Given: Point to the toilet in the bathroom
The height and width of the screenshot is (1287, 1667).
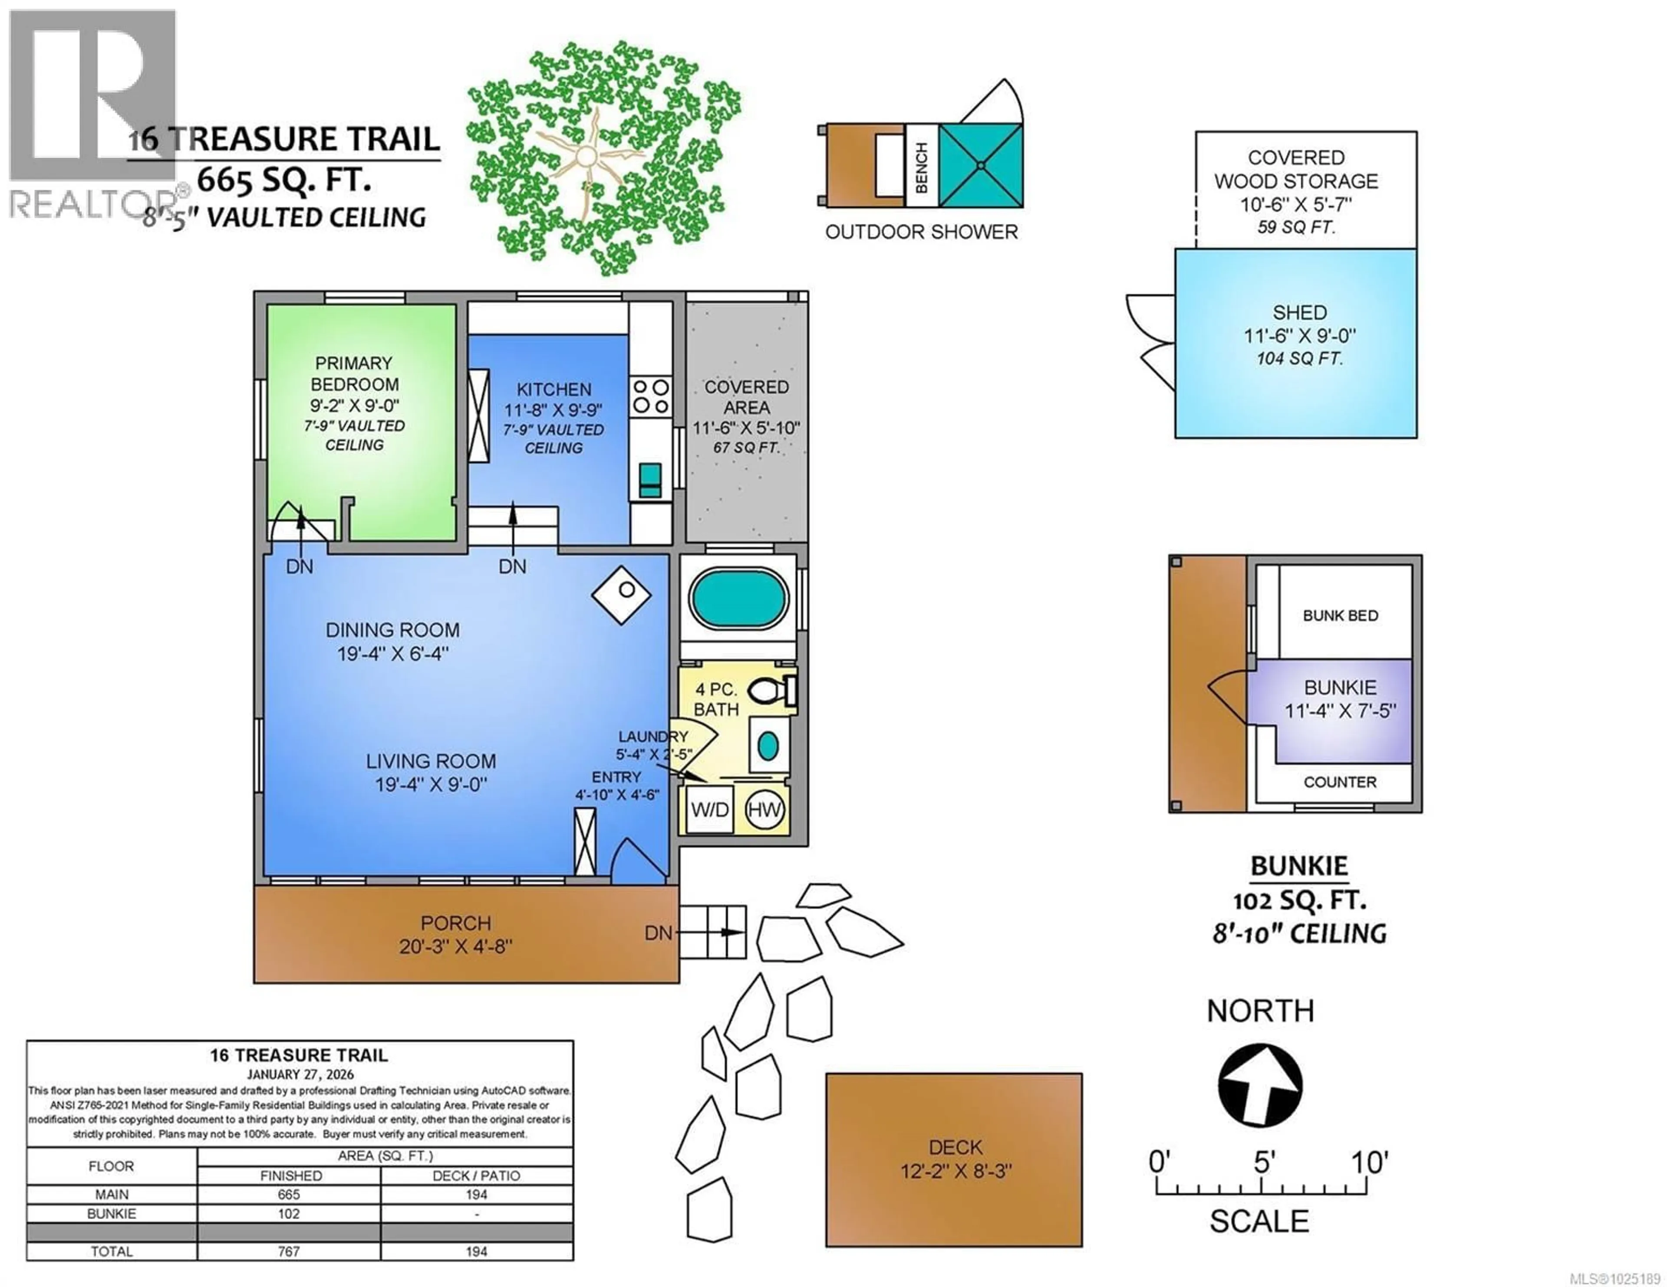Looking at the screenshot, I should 769,691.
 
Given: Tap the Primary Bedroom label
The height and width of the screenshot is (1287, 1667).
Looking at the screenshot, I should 354,374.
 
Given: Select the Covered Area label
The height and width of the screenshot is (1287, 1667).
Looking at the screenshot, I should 747,397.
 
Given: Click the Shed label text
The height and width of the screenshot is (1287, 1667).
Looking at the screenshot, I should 1299,313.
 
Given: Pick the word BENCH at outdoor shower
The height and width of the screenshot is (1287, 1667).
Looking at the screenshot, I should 921,166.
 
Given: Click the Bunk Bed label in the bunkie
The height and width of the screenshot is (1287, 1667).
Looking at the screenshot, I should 1340,616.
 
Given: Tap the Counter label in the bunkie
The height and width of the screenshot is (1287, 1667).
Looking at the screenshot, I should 1340,782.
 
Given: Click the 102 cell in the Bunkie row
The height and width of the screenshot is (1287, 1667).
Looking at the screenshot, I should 289,1214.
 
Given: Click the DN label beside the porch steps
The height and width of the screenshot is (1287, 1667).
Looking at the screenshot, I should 658,933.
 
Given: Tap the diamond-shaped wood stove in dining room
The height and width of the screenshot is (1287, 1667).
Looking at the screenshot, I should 621,596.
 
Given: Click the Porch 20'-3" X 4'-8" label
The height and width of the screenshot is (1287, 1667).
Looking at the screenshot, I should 456,934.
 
